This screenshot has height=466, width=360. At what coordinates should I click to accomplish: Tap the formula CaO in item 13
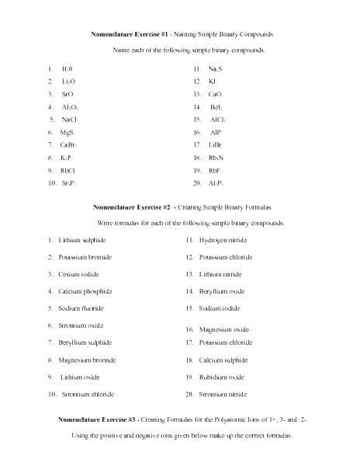(x=216, y=94)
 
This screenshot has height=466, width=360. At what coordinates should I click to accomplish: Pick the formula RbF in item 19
(x=216, y=170)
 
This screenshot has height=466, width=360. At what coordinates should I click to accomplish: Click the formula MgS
(x=67, y=132)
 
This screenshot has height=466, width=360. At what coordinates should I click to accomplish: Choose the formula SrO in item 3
(x=68, y=94)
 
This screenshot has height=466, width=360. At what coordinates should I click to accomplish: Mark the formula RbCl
(x=68, y=170)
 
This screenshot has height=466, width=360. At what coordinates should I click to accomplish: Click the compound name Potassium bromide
(x=87, y=257)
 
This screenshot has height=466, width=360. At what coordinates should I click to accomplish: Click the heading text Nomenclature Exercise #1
(x=125, y=35)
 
